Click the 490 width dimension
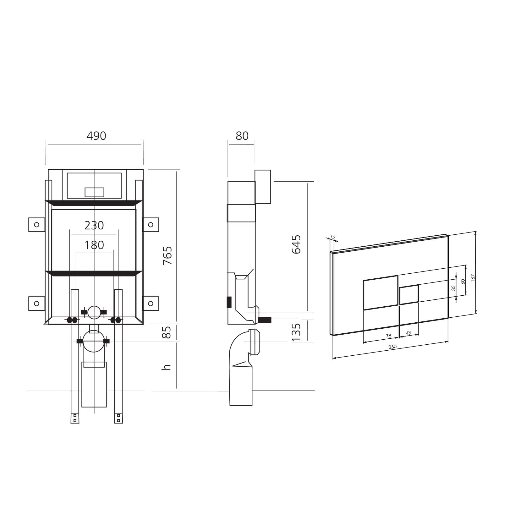[96, 136]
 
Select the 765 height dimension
[167, 255]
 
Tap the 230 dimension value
[94, 225]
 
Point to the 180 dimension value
[94, 245]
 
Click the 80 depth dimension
[242, 136]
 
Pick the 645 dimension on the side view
[296, 244]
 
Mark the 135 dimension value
[296, 332]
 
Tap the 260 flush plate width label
[392, 347]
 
